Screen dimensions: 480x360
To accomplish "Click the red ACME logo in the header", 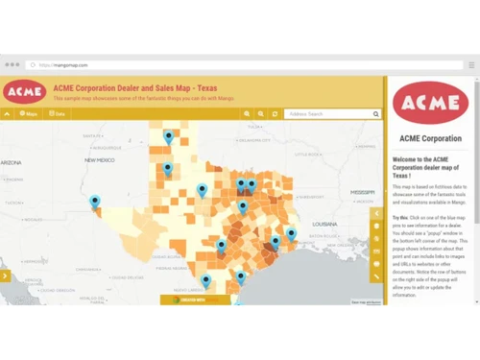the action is click(23, 91).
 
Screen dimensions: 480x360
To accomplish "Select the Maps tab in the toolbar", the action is click(29, 113).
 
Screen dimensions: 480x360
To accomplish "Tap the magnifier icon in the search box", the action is click(378, 113).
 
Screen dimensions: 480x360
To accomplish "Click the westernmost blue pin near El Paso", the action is click(95, 202).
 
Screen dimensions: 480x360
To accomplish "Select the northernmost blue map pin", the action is click(169, 138).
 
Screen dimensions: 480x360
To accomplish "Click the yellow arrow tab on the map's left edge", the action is click(5, 276).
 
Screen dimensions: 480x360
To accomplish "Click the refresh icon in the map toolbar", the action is click(275, 113).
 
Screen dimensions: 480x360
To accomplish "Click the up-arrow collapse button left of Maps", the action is click(8, 113).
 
